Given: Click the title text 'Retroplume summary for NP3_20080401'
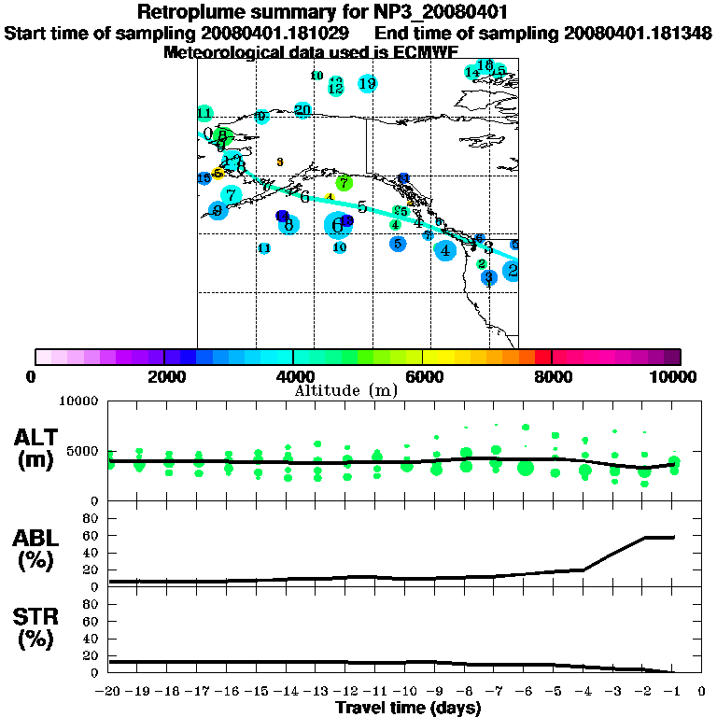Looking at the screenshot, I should [x=358, y=13].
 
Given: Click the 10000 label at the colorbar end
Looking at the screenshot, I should [x=674, y=376].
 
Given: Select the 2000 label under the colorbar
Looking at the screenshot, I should [x=164, y=376].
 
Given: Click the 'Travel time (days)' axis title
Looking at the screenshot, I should [x=408, y=709].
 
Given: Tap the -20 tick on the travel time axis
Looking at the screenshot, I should [x=108, y=692].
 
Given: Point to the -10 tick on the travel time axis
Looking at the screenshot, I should [x=406, y=692].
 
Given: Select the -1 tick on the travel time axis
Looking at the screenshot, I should [x=672, y=692].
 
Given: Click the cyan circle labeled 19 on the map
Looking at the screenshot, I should [x=368, y=84].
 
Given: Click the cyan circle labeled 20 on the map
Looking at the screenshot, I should [x=302, y=110].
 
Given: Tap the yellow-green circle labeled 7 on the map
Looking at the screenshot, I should [x=344, y=183].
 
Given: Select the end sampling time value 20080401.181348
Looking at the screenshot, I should [x=639, y=34].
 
